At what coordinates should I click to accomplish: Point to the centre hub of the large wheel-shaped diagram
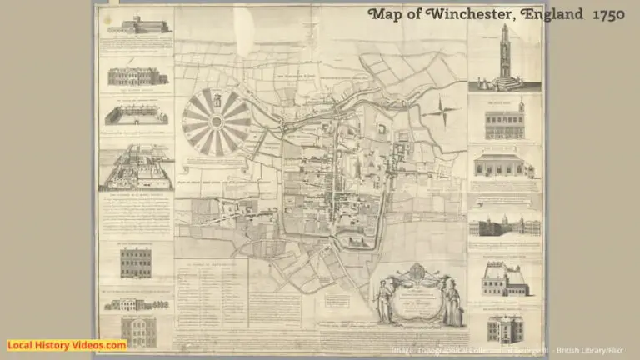217,122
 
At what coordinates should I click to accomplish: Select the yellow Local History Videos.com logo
67,345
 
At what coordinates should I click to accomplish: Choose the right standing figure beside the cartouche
453,302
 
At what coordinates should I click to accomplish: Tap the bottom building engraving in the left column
136,328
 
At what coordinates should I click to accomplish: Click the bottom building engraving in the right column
504,327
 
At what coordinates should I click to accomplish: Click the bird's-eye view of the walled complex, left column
136,168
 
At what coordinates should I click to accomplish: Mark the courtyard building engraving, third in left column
136,115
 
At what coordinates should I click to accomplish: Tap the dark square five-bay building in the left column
136,262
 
